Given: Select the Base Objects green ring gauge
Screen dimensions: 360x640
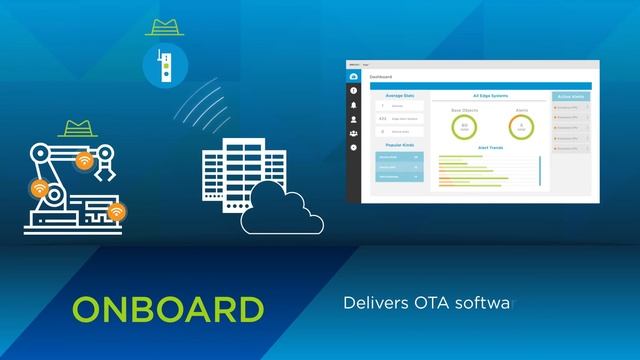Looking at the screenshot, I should [464, 127].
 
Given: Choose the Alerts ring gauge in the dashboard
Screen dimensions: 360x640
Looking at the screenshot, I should [520, 127].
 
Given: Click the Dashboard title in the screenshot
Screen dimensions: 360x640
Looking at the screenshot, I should [382, 77].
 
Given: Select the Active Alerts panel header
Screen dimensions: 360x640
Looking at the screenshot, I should [572, 97].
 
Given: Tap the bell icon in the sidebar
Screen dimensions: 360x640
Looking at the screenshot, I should [354, 104].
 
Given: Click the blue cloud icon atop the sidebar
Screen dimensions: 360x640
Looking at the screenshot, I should [354, 76].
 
